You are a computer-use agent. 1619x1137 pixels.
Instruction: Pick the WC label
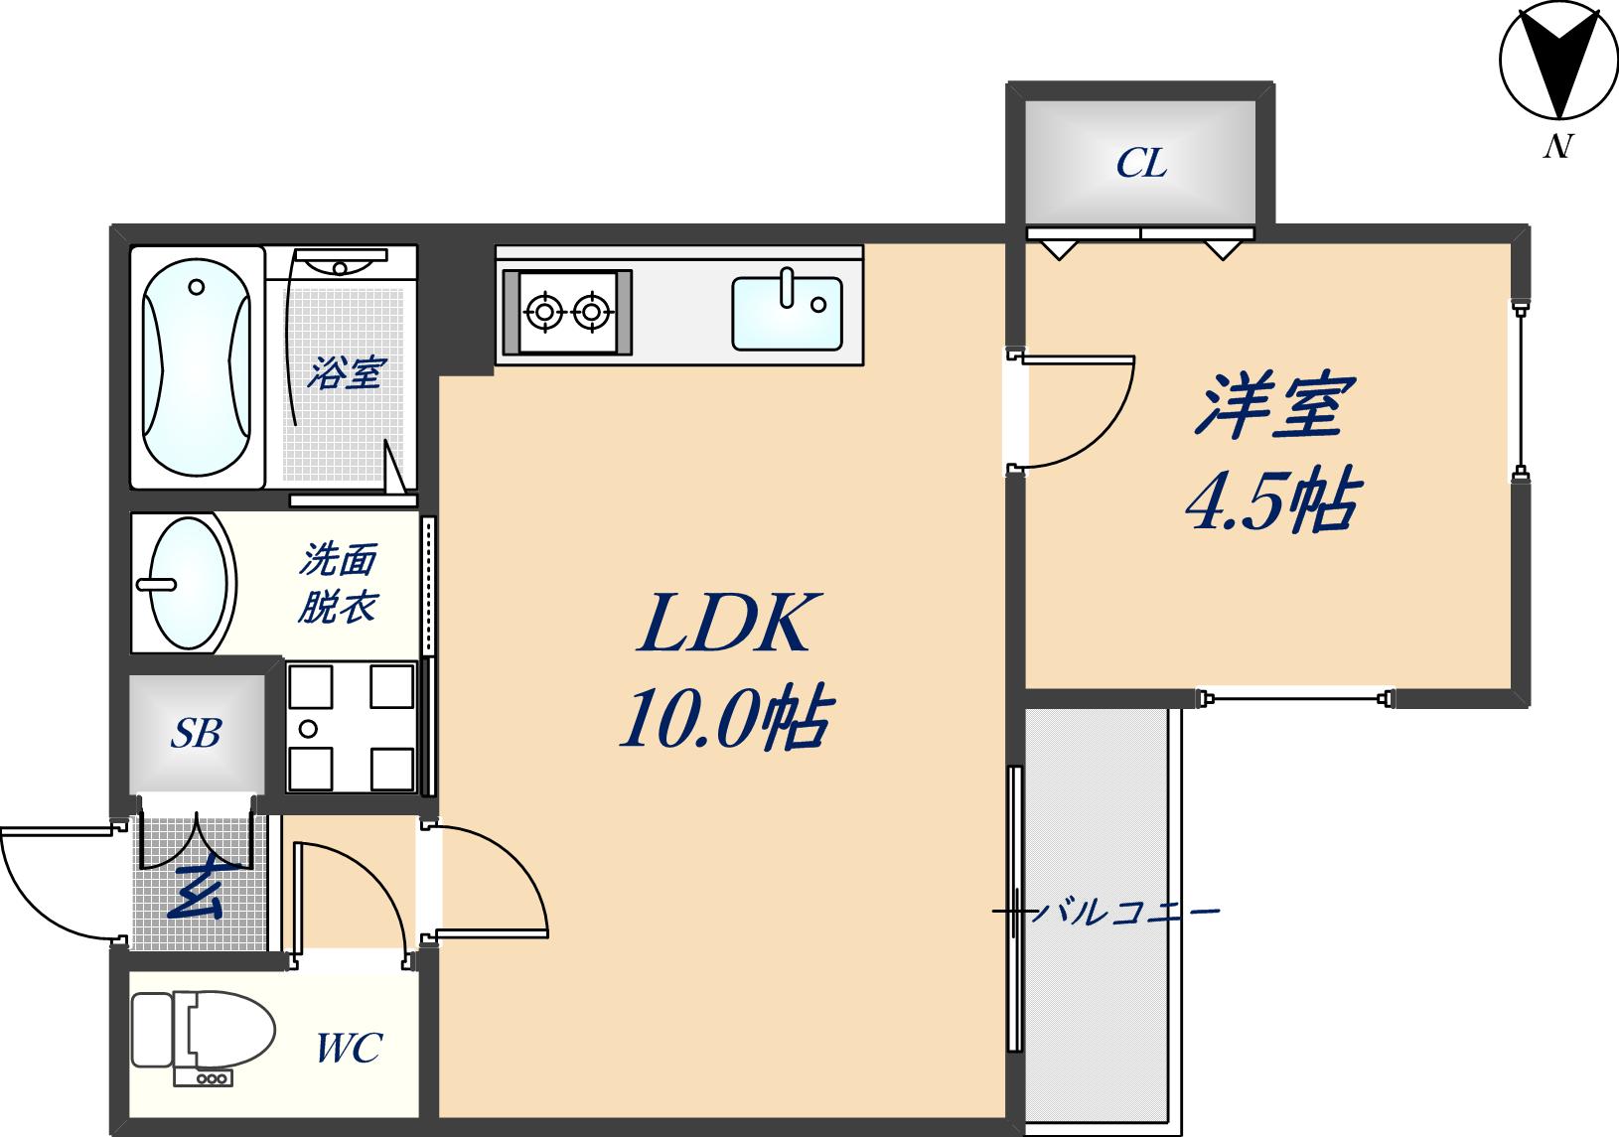pos(349,1048)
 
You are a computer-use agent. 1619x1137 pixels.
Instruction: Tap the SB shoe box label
pos(196,733)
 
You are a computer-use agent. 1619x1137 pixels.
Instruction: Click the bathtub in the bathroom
pos(196,367)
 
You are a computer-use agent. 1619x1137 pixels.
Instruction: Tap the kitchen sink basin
pos(787,313)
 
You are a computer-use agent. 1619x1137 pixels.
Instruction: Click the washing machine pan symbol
pos(350,728)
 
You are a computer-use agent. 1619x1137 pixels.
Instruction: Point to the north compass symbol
pos(1556,68)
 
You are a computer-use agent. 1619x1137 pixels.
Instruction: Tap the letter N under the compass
pos(1557,146)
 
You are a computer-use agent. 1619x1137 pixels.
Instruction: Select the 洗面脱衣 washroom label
pos(338,584)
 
